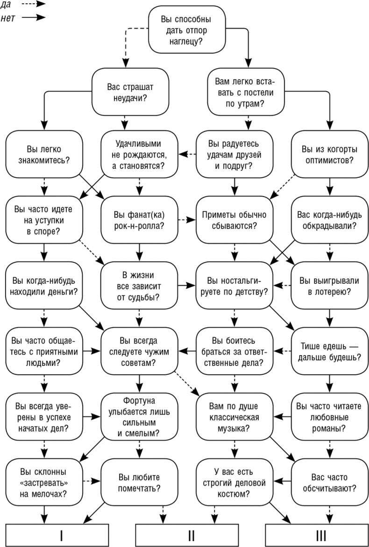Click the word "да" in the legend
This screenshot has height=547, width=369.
coord(8,4)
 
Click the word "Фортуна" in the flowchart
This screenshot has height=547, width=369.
coord(139,400)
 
